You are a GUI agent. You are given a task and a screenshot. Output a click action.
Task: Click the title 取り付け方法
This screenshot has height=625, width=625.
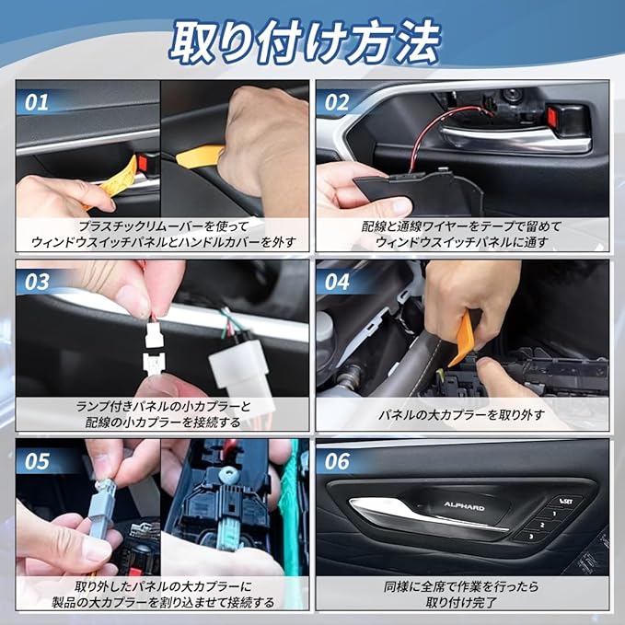306,41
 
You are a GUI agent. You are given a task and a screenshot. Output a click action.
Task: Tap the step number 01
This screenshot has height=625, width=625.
37,102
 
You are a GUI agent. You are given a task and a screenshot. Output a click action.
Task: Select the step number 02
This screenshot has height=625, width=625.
337,102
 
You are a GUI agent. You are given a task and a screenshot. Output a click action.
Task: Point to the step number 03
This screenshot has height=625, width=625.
37,282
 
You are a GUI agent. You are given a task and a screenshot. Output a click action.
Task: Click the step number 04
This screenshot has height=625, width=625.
337,282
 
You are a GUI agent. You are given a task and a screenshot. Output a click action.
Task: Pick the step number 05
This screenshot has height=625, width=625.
37,461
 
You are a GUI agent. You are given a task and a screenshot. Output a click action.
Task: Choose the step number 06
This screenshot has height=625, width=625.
337,461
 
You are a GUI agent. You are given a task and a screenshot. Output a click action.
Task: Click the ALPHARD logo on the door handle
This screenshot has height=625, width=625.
464,506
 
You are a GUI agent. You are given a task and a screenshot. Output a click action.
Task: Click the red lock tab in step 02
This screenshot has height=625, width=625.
551,116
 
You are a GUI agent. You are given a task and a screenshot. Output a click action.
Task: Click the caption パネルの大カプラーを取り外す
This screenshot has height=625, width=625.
461,415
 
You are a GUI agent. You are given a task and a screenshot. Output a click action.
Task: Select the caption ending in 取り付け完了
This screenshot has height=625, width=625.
461,594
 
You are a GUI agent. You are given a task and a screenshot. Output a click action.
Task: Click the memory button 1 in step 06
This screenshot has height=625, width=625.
554,514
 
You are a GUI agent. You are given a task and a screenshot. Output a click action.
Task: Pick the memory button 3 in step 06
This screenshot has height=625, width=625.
531,537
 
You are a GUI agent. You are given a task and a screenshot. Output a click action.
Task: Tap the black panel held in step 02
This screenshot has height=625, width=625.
420,192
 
